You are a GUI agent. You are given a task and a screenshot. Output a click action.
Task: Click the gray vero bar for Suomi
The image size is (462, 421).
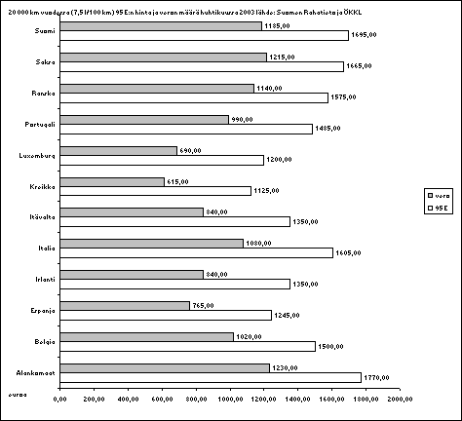(161, 25)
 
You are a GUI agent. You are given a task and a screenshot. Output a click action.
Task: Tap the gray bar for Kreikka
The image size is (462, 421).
(111, 180)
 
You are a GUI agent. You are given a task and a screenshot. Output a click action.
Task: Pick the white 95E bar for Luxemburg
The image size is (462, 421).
(162, 160)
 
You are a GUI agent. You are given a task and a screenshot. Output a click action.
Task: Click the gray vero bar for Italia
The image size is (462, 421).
(151, 243)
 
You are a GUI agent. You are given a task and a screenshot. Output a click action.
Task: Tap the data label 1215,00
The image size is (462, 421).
(283, 57)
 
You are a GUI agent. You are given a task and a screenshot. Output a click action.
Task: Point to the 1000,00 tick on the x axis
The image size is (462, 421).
(231, 399)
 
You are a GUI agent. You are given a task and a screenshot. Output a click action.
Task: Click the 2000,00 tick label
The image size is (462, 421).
(401, 399)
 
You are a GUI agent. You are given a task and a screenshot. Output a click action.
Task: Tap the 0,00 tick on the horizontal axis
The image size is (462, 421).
(59, 399)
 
